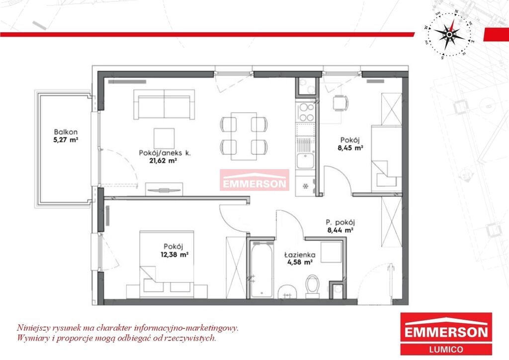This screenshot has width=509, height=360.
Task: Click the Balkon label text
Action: click(66, 132)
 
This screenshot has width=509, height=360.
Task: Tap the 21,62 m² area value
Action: click(163, 161)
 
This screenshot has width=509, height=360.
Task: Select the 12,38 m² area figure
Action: click(174, 255)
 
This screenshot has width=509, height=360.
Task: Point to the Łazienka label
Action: click(300, 255)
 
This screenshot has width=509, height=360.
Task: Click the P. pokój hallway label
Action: click(340, 223)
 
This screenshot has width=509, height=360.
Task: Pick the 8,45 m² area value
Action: click(350, 148)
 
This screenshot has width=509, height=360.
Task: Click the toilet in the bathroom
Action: click(313, 286)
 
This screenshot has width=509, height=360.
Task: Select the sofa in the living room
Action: click(164, 104)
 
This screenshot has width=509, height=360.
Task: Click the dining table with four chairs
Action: click(244, 136)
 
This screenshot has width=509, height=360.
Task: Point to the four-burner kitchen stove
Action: click(306, 112)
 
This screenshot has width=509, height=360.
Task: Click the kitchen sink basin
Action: click(305, 161)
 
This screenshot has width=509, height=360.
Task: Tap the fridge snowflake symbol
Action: click(305, 186)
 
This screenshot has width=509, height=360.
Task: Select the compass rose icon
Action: click(449, 34)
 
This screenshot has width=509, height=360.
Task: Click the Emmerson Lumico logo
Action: click(446, 333)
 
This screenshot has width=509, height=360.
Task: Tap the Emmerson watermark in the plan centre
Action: click(254, 180)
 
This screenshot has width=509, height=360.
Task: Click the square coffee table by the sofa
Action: click(164, 138)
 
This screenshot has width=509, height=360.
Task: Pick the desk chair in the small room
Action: click(340, 103)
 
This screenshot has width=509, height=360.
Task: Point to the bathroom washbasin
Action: click(287, 292)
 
